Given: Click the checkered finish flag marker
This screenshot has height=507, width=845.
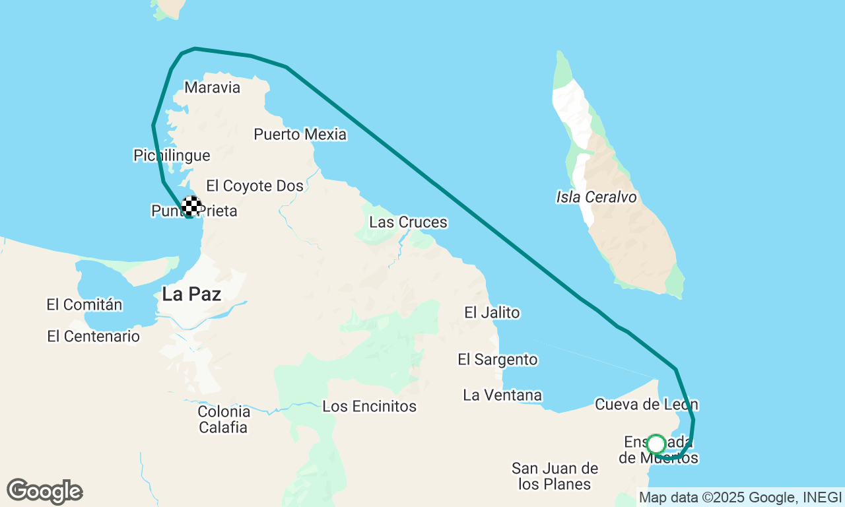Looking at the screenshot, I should click(191, 206).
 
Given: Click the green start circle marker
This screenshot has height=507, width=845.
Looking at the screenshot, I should click(656, 444).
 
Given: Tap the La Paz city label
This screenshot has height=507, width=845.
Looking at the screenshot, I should click(191, 294).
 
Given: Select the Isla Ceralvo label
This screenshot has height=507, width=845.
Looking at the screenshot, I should click(596, 197).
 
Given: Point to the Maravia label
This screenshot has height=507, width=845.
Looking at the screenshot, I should click(212, 88).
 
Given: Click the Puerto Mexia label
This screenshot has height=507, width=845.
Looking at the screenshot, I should click(300, 135).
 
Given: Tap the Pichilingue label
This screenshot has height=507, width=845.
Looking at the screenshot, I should click(172, 156).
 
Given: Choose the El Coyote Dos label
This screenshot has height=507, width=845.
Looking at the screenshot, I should click(255, 186).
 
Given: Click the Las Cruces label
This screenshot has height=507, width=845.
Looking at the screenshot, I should click(408, 222).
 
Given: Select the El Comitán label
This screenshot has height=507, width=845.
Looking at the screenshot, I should click(84, 305).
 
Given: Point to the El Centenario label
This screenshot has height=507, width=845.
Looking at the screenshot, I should click(93, 337).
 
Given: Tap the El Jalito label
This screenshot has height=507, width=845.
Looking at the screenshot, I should click(492, 312).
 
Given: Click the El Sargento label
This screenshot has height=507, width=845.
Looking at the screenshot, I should click(498, 360).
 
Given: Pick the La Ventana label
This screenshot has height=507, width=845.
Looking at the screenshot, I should click(502, 395).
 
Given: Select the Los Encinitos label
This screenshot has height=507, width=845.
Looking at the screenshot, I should click(369, 407).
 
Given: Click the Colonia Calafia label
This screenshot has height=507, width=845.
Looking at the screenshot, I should click(224, 419).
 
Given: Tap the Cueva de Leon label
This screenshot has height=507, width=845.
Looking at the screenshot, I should click(646, 404).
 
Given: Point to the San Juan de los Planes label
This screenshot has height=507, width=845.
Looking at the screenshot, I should click(555, 477).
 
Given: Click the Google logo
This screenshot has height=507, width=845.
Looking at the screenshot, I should click(44, 491).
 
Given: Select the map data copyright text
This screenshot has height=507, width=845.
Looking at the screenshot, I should click(740, 498).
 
